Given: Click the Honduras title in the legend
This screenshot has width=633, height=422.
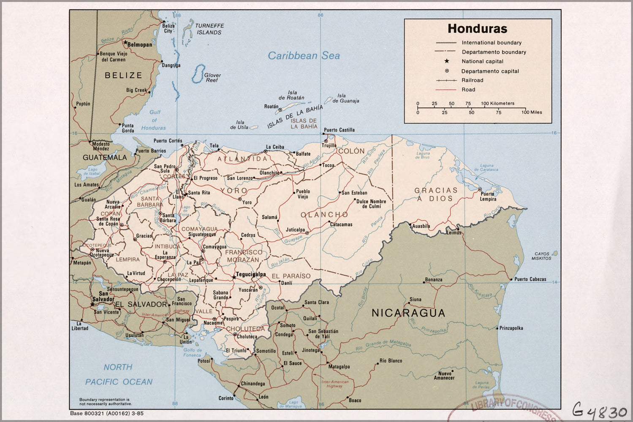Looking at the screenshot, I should (x=477, y=29).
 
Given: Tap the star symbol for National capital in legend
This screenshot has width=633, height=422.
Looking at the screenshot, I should (x=446, y=61).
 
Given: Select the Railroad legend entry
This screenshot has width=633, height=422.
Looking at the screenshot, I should (x=472, y=80).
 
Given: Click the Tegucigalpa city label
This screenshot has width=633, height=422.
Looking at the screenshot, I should (x=251, y=274).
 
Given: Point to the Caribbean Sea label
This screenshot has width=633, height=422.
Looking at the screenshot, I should (x=304, y=56).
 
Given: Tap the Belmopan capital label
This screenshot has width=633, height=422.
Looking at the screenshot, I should (x=140, y=44).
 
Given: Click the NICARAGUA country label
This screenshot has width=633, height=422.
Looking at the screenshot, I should (x=408, y=313).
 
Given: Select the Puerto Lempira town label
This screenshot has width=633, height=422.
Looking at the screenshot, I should (x=488, y=197).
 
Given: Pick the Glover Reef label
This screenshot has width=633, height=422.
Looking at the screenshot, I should (x=212, y=78).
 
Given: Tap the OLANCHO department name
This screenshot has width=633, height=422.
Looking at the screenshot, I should (x=324, y=215).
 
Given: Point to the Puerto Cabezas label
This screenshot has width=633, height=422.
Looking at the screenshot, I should (x=530, y=279).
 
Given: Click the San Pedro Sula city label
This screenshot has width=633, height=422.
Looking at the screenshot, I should (x=165, y=168).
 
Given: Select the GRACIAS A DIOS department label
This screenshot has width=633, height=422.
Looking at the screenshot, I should (x=435, y=195).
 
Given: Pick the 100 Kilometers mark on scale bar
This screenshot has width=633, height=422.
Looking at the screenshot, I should (x=497, y=103).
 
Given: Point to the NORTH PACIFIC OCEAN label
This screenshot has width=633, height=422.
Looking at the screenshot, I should (x=119, y=374).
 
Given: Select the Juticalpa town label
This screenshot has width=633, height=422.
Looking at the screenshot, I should (x=295, y=230).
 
